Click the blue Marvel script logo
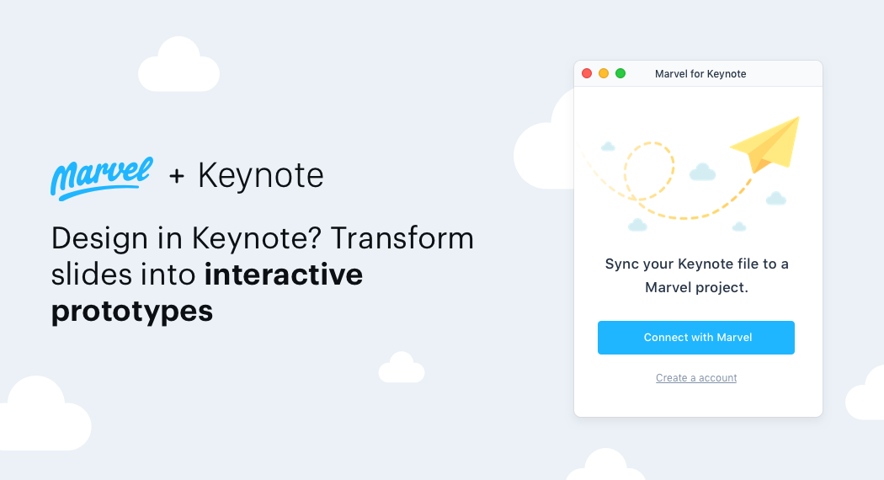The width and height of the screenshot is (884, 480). tap(101, 177)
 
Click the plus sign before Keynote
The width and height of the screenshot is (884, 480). tap(177, 176)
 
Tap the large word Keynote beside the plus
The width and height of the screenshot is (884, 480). tap(260, 176)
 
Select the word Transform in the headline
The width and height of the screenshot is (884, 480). tap(402, 239)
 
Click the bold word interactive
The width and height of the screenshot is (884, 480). tap(284, 275)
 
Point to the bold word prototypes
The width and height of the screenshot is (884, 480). tap(132, 312)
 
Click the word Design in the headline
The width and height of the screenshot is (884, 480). tap(99, 239)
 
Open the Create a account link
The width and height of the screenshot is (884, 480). tap(696, 378)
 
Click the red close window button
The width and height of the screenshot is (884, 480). tap(587, 73)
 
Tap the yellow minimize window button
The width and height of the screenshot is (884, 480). tap(604, 73)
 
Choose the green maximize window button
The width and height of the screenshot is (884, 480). tap(620, 73)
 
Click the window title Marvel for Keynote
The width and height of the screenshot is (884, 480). tap(700, 74)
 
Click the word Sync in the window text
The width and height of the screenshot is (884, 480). tap(622, 264)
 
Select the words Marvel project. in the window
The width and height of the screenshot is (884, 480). tap(696, 287)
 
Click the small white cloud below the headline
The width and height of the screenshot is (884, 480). tap(402, 369)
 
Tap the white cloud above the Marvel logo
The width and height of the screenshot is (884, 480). tap(178, 66)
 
